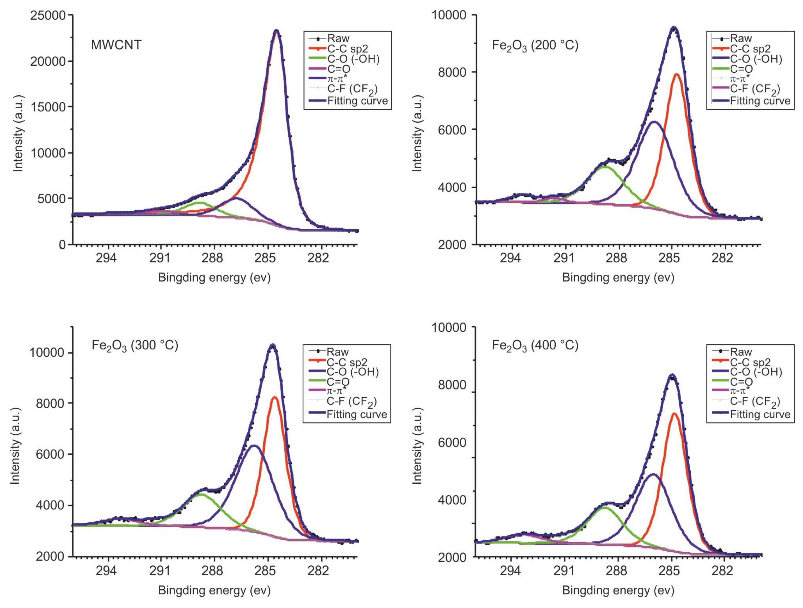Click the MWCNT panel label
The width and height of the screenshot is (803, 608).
coord(116,45)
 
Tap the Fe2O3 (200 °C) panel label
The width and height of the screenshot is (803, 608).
coord(535,45)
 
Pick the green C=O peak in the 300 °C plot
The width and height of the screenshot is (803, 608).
coord(201,494)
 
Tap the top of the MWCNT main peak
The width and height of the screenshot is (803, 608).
coord(276,31)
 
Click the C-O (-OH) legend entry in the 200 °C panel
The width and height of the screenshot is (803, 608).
coord(756,59)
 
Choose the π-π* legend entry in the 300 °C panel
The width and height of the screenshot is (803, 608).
coord(336,391)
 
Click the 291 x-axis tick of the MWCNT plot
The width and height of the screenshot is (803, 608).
coord(160,258)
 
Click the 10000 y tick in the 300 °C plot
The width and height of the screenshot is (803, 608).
coord(47,353)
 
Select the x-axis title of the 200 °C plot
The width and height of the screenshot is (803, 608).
coord(618,278)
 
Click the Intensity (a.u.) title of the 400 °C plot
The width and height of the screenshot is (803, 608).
coord(418,446)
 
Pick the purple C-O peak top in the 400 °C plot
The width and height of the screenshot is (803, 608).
coord(653,474)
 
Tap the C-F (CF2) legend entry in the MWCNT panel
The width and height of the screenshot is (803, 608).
coord(352,89)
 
